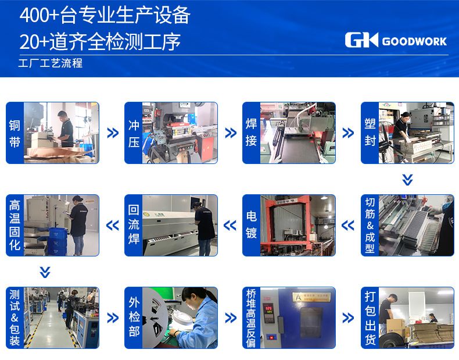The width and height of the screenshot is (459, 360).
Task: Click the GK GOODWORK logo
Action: pos(396,40)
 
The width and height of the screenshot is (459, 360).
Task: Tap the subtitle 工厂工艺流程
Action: pos(51,63)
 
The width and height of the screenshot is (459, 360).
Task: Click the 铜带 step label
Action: pos(15,133)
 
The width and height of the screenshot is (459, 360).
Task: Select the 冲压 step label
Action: pos(134,133)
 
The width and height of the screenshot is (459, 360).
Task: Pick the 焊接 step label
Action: pos(251,133)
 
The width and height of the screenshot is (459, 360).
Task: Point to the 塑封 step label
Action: pos(370,133)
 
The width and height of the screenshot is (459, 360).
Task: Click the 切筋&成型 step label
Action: pos(370,225)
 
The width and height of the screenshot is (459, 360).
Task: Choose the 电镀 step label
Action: pos(251,225)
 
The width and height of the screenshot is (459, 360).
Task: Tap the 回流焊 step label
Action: pos(134,225)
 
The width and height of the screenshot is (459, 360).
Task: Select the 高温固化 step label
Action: pos(15,225)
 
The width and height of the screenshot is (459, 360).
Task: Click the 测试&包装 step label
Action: pos(15,318)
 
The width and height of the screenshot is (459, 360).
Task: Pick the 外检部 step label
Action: pos(134,318)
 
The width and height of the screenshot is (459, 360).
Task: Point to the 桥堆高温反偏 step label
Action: pos(251,318)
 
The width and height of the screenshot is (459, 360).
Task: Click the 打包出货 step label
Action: pos(370,318)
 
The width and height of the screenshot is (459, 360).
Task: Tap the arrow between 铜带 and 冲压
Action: pos(113,133)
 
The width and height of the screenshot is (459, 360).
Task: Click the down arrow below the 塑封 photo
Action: pos(407,180)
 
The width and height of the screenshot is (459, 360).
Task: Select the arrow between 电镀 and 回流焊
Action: pos(230,225)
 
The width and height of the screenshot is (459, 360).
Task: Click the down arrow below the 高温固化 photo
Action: pos(45,272)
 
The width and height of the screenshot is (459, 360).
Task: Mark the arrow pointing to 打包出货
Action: pos(348,318)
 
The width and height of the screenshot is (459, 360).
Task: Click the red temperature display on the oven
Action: pos(268,309)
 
